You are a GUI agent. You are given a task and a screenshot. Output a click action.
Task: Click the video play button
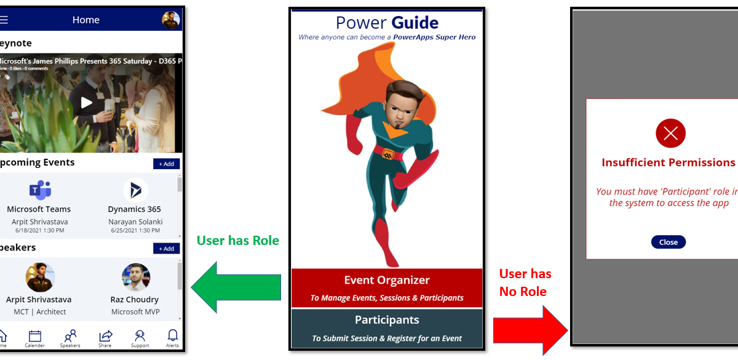point(87,103)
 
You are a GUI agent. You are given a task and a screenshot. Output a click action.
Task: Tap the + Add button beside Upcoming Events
point(167,164)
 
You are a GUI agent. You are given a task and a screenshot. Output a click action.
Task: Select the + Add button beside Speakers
point(167,249)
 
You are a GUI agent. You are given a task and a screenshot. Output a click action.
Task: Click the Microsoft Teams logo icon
point(39,190)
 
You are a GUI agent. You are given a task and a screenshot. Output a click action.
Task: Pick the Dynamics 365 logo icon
point(135,190)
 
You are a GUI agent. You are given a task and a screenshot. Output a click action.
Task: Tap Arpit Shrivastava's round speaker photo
point(40,277)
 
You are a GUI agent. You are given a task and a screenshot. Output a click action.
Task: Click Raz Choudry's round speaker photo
point(136,277)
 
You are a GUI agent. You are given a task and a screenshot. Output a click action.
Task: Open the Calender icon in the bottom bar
point(35,336)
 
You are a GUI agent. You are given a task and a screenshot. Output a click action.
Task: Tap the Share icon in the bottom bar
point(105,336)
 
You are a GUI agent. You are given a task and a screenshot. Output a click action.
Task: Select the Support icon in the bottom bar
point(140,336)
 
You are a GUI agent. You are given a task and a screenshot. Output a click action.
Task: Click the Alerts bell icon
point(173,335)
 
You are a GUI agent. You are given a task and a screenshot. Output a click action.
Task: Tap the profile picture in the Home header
point(170,20)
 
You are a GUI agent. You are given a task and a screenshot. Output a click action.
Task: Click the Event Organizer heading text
point(387,280)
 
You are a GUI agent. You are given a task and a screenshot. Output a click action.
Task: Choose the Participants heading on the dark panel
point(387,320)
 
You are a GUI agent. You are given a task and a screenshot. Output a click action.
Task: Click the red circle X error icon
point(670,133)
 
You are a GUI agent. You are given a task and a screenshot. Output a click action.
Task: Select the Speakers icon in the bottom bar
point(70,336)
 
